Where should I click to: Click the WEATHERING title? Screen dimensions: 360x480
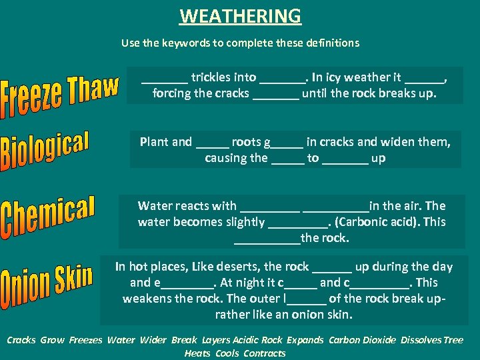pos(240,15)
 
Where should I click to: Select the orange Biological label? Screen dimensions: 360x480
pos(45,151)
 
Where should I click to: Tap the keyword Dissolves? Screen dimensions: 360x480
pos(421,340)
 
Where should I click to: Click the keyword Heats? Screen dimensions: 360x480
pos(197,353)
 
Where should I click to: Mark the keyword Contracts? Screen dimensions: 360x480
pos(265,353)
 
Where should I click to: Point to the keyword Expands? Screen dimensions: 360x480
pos(304,340)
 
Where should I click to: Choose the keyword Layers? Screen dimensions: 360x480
pos(216,340)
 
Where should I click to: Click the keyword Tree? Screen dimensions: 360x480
pos(453,340)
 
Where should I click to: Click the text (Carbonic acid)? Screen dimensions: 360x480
pos(377,222)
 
